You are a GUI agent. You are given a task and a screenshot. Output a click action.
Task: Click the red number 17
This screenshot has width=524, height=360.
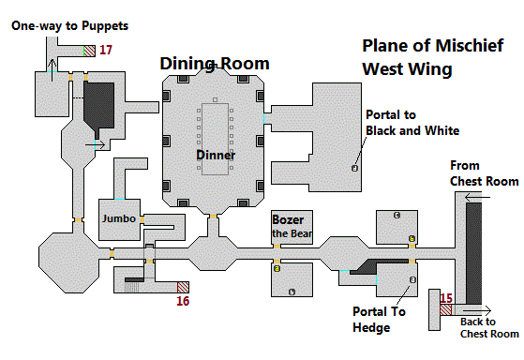pyautogui.click(x=106, y=50)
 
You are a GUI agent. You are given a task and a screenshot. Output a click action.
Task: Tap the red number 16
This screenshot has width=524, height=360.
pyautogui.click(x=183, y=301)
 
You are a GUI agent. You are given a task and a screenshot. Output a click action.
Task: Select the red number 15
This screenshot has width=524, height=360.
pyautogui.click(x=446, y=298)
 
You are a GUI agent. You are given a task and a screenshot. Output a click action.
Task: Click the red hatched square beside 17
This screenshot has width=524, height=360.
pyautogui.click(x=90, y=52)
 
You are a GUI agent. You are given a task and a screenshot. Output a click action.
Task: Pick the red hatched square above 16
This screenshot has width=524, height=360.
pyautogui.click(x=183, y=287)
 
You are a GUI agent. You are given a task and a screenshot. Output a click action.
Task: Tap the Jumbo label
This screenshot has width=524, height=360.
pyautogui.click(x=119, y=218)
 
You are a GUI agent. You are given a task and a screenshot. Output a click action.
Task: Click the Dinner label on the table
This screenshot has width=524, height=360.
pyautogui.click(x=216, y=155)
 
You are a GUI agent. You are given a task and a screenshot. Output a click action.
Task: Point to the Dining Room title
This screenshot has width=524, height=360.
pyautogui.click(x=215, y=64)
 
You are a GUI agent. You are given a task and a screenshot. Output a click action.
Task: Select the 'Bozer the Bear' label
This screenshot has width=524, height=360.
pyautogui.click(x=292, y=226)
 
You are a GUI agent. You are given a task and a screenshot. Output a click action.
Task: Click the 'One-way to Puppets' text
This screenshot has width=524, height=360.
pyautogui.click(x=70, y=25)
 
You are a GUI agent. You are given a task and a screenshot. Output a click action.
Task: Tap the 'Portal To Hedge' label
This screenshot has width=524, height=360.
pyautogui.click(x=379, y=320)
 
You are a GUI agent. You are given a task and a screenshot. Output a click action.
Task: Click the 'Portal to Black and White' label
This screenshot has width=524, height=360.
pyautogui.click(x=412, y=123)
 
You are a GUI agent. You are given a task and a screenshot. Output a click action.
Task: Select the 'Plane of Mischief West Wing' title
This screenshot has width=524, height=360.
pyautogui.click(x=432, y=57)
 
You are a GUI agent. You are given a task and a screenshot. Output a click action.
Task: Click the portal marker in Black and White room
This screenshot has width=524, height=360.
pyautogui.click(x=354, y=168)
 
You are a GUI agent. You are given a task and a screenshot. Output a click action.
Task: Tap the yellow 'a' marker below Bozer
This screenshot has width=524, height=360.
pyautogui.click(x=277, y=268)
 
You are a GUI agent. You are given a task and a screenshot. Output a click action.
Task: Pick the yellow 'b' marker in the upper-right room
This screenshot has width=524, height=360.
pyautogui.click(x=412, y=239)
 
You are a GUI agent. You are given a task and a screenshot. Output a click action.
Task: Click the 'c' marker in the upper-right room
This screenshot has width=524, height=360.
pyautogui.click(x=397, y=216)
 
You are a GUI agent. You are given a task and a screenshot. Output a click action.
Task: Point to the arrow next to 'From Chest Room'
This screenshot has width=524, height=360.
pyautogui.click(x=477, y=198)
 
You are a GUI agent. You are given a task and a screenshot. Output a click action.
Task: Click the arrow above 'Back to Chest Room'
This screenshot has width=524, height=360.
pyautogui.click(x=472, y=310)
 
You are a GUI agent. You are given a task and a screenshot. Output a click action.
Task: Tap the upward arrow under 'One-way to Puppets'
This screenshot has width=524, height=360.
pyautogui.click(x=52, y=70)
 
